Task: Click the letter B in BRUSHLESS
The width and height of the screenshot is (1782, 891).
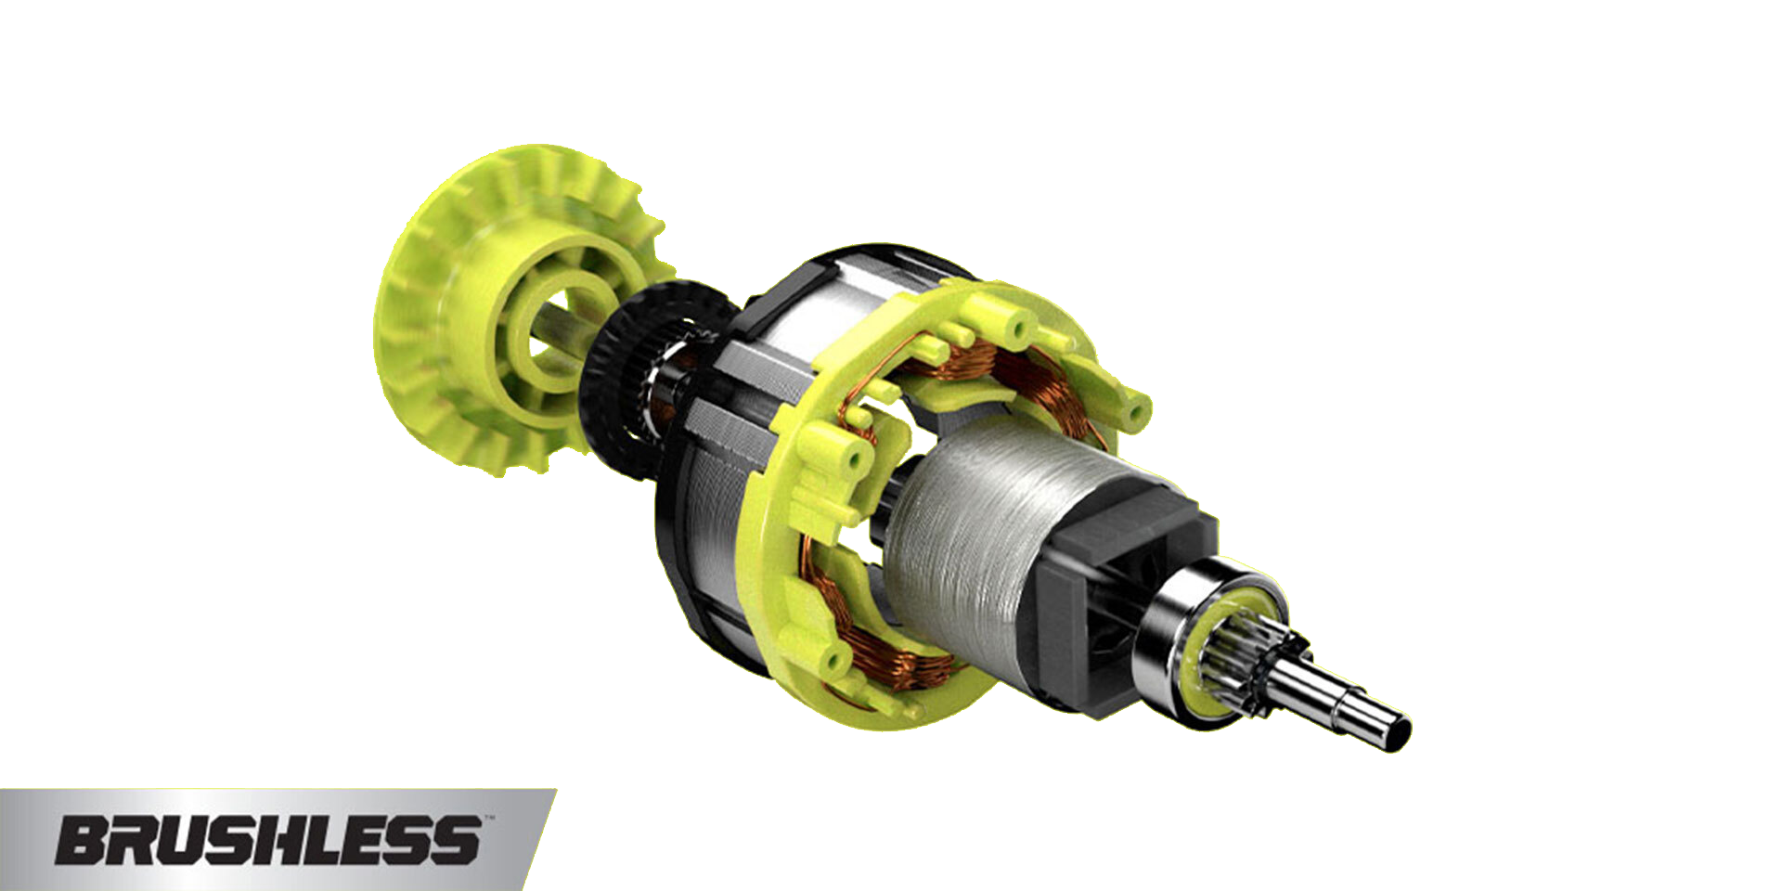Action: [x=85, y=841]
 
